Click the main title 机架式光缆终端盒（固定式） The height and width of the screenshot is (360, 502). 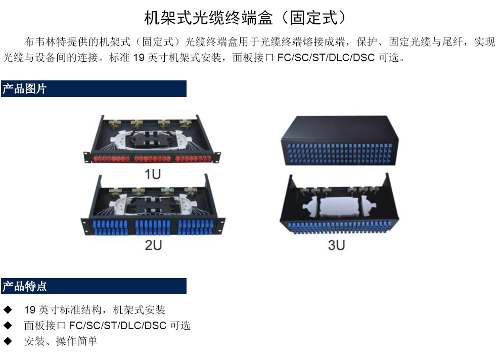tap(245, 18)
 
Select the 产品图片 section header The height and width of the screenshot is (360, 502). tap(25, 88)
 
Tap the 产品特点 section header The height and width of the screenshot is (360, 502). tap(25, 286)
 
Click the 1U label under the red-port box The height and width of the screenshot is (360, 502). tap(152, 174)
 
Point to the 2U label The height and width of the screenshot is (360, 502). tap(153, 245)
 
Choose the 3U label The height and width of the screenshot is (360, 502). tap(337, 245)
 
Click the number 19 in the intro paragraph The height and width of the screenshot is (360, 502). tap(139, 58)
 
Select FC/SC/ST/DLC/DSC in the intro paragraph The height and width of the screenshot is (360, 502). tap(326, 58)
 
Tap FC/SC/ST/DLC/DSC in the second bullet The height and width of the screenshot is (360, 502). tap(118, 326)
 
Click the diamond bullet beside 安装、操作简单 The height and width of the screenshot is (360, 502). tap(8, 341)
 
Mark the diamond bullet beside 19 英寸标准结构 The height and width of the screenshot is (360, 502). tap(8, 310)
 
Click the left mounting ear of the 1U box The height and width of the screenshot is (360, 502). tap(87, 157)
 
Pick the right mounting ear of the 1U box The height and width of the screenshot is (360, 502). tap(217, 157)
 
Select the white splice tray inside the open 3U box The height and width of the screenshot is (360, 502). tap(340, 207)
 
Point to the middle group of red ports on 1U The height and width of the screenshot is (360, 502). tap(153, 159)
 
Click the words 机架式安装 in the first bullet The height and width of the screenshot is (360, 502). tap(139, 310)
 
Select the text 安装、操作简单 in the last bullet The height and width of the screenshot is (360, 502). tap(61, 341)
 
